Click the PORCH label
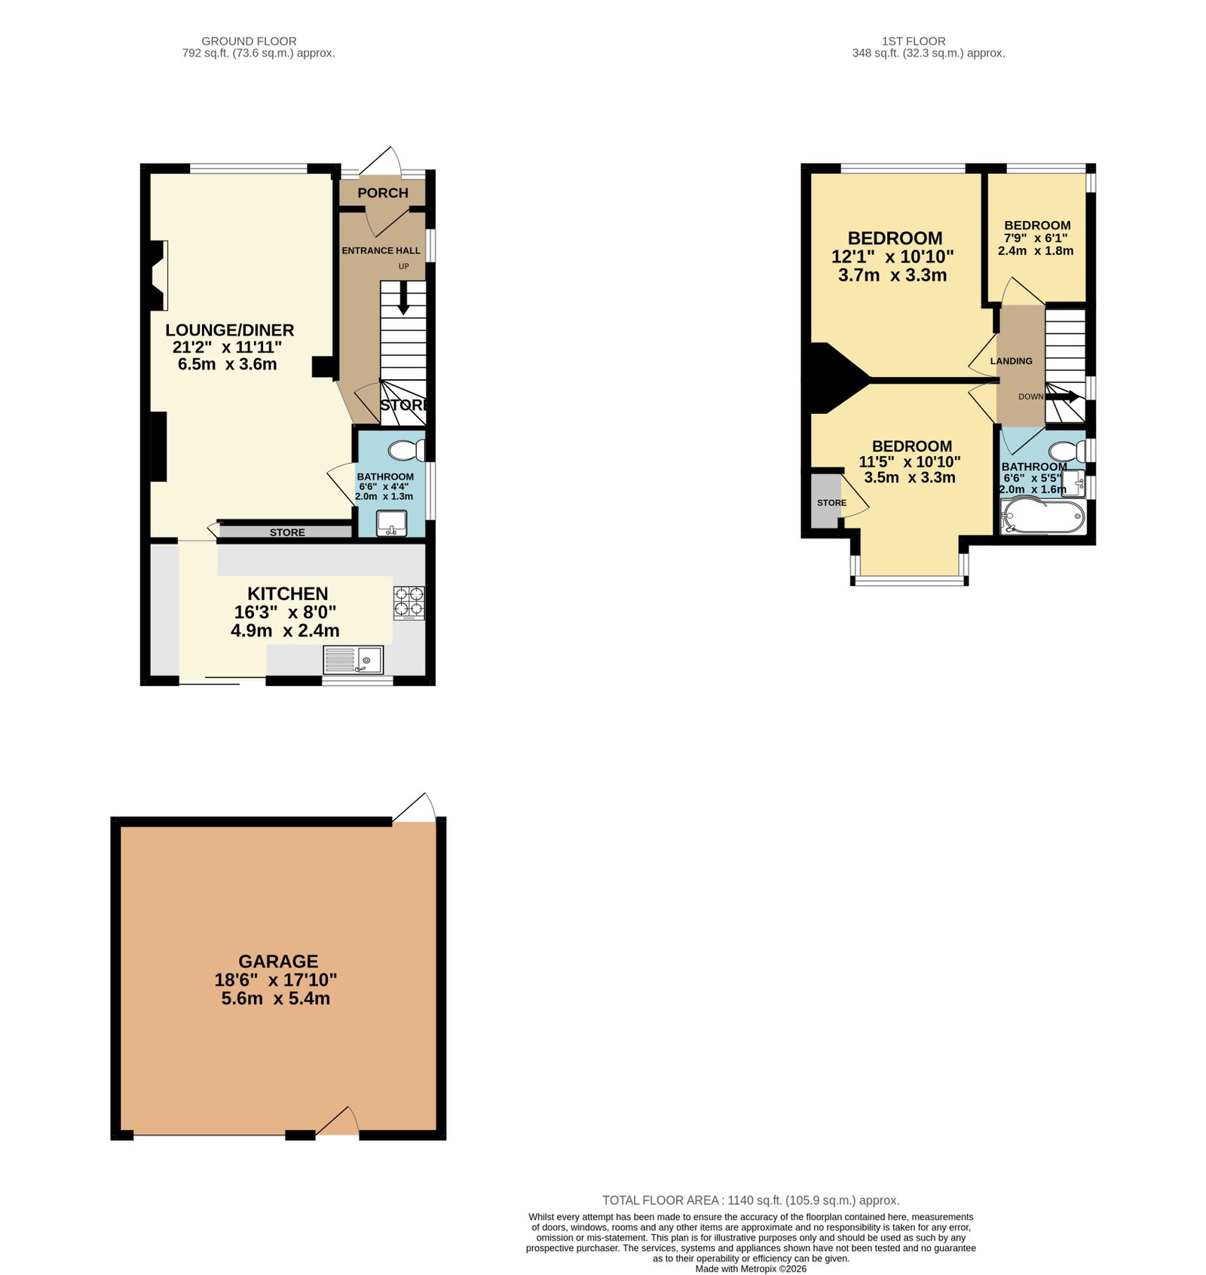tap(383, 193)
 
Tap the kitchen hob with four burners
tap(409, 603)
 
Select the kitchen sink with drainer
tap(353, 660)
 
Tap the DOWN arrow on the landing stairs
tap(1062, 396)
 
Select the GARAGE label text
tap(278, 961)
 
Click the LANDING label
tap(1012, 361)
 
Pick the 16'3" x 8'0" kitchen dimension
tap(285, 612)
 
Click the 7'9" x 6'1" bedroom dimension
tap(1036, 238)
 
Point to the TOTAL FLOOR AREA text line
tap(751, 1200)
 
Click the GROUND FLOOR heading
tap(249, 41)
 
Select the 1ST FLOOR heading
tap(914, 41)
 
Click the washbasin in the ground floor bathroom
tap(391, 523)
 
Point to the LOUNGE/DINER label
tap(230, 330)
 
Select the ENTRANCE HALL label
tap(381, 250)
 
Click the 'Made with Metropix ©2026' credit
tap(751, 1269)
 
